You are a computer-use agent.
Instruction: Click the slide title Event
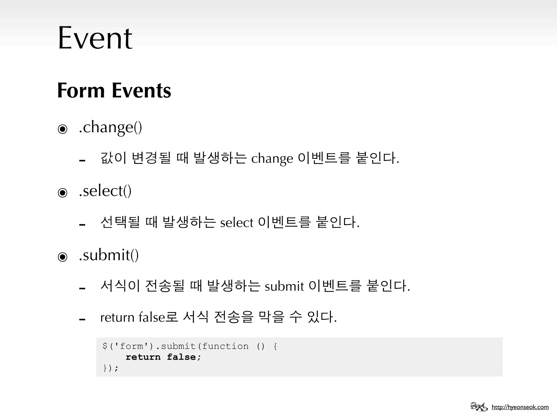(95, 38)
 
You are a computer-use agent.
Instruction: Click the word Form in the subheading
(81, 90)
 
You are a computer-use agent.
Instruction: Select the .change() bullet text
(110, 127)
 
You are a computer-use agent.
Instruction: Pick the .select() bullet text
(105, 191)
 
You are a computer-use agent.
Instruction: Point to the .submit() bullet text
(109, 255)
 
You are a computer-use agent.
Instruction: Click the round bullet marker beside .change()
(63, 129)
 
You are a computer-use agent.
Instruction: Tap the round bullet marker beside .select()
(63, 193)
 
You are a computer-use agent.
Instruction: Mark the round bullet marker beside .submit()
(63, 257)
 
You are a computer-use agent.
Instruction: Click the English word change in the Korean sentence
(272, 159)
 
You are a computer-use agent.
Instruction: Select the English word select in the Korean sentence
(237, 223)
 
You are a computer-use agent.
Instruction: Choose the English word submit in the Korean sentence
(284, 287)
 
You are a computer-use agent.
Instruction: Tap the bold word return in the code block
(143, 357)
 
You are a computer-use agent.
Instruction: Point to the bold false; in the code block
(184, 357)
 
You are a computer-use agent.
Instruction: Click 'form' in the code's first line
(131, 346)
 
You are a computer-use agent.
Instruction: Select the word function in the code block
(225, 346)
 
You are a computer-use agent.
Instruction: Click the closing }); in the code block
(111, 368)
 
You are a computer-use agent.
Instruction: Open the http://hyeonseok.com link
(520, 407)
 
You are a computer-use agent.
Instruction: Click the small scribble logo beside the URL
(479, 407)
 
